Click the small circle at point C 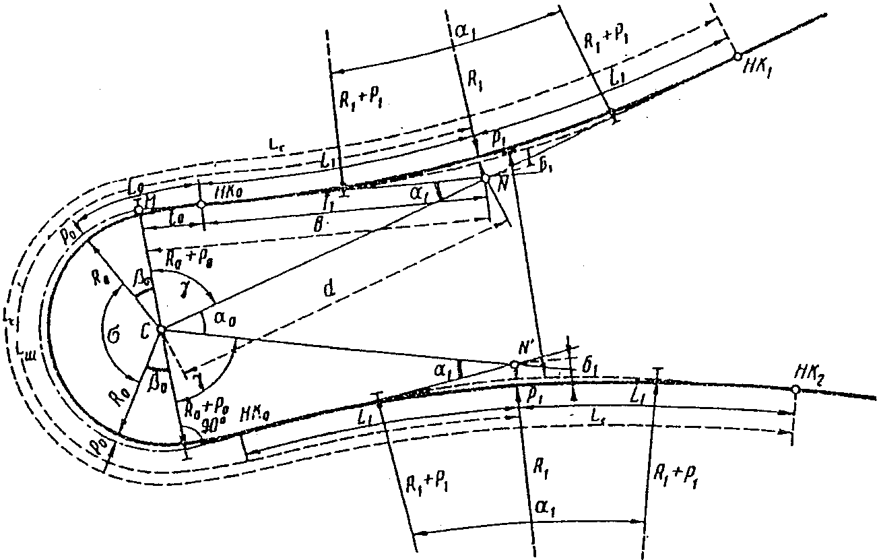pos(161,329)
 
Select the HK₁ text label pos(762,67)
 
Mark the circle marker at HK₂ pos(795,390)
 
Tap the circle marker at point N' pos(515,365)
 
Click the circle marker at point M pos(138,210)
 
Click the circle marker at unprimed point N pos(486,179)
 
